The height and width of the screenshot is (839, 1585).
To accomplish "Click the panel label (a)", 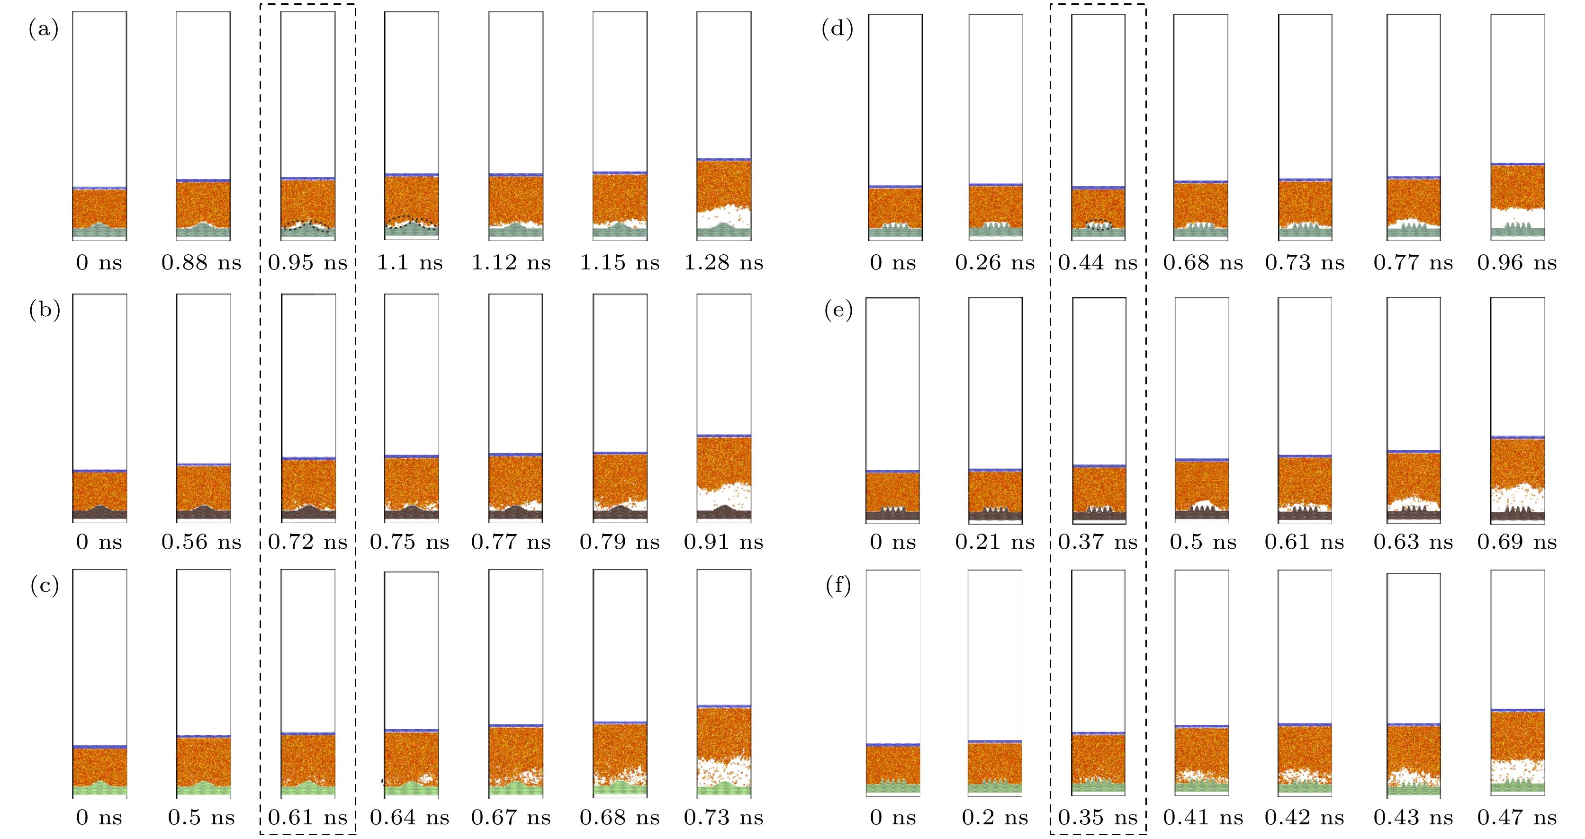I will [x=43, y=29].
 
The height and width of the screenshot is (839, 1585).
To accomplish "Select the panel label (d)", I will [x=838, y=29].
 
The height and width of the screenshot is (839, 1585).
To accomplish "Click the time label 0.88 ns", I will [x=201, y=263].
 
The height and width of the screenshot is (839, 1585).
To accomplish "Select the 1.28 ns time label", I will [x=724, y=263].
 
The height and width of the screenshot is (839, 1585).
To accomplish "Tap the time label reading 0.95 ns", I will [x=307, y=263].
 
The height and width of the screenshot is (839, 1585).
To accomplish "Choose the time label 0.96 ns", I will [x=1517, y=263].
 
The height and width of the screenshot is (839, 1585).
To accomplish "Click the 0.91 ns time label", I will [x=724, y=542].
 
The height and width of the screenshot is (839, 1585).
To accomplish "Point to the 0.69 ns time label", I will [x=1517, y=542].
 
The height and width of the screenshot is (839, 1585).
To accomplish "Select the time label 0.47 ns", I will [x=1517, y=818].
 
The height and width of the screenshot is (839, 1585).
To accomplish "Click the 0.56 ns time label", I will [x=201, y=542].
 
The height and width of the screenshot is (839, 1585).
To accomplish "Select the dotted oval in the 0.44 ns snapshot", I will [x=1099, y=224].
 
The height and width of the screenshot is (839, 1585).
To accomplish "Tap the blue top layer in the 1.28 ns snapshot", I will [x=724, y=159].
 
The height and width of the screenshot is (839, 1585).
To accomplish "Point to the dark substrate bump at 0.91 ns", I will [x=724, y=510].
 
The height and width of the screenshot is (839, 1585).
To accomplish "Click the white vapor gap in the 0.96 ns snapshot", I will [x=1517, y=217].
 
